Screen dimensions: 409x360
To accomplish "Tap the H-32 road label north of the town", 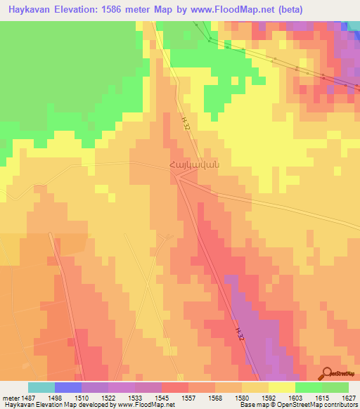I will click(184, 122).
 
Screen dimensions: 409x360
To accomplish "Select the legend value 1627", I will click(349, 397).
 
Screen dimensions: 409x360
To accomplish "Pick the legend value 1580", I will click(241, 397).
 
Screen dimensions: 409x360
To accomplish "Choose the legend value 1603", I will click(295, 397).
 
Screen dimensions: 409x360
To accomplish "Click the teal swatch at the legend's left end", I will click(41, 387).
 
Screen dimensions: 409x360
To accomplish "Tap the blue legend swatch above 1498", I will click(68, 387).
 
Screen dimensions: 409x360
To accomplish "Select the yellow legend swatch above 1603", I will click(281, 387).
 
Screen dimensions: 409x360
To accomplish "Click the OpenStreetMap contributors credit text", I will click(322, 405).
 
